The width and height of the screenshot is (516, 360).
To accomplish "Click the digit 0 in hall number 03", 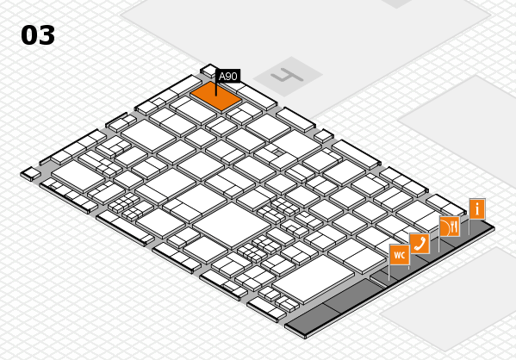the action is click(29, 35).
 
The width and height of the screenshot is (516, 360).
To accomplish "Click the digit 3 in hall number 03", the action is click(47, 35).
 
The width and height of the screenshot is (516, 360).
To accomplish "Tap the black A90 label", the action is click(228, 76).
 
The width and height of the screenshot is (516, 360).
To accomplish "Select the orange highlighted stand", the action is click(216, 96).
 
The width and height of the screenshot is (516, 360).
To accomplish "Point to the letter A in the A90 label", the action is click(222, 77).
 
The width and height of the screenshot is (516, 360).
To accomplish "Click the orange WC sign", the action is click(400, 255).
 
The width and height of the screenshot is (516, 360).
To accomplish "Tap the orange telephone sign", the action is click(420, 244).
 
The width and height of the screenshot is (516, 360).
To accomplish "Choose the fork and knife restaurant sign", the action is click(450, 226).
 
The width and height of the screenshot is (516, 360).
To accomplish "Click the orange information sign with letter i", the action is click(477, 208).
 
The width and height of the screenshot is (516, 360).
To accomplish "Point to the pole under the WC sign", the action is click(389, 272).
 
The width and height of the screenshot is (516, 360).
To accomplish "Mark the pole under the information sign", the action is click(469, 227).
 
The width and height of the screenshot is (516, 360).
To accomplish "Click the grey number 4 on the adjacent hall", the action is click(287, 77).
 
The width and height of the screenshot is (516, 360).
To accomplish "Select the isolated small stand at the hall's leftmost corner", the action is click(31, 173).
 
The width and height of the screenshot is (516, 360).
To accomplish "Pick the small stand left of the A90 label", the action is click(208, 71).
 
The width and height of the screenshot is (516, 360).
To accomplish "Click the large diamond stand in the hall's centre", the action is click(232, 225).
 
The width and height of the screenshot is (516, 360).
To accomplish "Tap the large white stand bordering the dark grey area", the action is click(314, 279).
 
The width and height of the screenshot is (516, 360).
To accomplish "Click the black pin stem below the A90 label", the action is click(216, 89).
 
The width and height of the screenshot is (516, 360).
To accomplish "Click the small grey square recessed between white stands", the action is click(279, 152).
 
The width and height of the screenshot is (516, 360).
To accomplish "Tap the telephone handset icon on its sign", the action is click(420, 244).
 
